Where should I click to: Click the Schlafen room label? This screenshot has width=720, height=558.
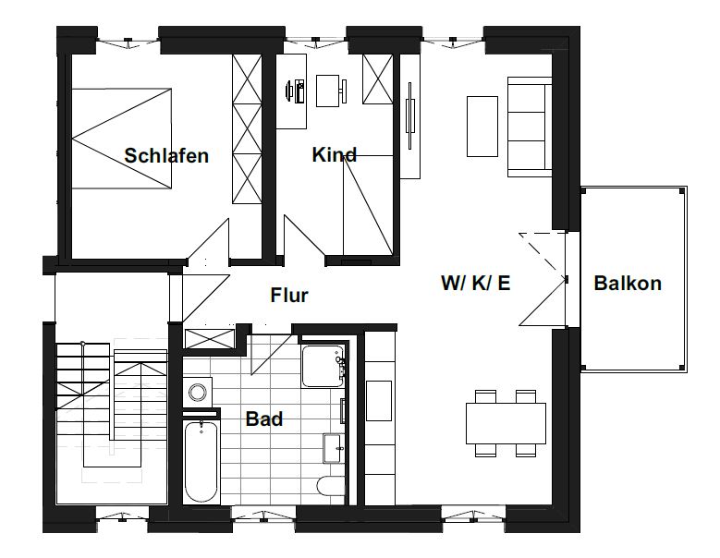coord(166,155)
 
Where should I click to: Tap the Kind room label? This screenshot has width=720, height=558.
coord(334,154)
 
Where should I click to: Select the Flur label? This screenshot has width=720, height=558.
coord(288,295)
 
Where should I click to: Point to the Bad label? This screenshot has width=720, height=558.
coord(264,418)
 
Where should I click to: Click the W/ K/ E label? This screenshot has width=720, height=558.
coord(476,283)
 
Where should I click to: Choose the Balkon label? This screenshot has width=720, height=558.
coord(628,283)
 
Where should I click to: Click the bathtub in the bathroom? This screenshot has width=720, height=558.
coord(201,462)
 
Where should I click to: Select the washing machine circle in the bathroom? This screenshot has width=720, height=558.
coord(198,393)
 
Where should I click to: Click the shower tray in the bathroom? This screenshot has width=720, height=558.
coord(323,366)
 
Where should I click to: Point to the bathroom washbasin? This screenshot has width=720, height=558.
coord(334,448)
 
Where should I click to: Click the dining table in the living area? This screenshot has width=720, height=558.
coord(506,423)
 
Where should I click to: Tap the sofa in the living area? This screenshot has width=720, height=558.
coord(529,127)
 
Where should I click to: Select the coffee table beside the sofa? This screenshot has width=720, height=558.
coord(482,127)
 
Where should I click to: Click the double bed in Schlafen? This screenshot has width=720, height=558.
coord(122,139)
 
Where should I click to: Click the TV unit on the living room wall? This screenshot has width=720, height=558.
coord(410,115)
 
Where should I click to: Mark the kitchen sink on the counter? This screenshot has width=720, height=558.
coord(379,401)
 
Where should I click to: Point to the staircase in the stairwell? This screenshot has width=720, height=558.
coord(110,412)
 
